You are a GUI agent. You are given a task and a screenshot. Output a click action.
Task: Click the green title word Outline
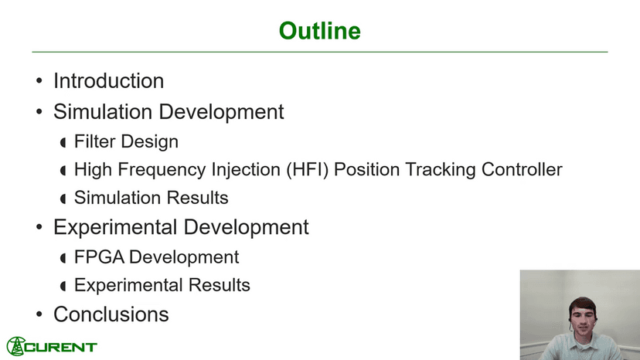click(319, 31)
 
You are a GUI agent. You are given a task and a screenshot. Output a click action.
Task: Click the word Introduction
click(108, 81)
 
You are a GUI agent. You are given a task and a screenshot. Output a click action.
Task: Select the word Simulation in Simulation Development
click(103, 112)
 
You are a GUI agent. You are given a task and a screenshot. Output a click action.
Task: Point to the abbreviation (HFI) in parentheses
click(308, 170)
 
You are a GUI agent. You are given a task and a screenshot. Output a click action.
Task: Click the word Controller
click(522, 169)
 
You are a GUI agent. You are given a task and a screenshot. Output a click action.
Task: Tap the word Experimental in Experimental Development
click(114, 227)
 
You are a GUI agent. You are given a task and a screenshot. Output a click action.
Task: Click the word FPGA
click(99, 257)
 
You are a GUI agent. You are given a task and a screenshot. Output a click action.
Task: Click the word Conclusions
click(111, 314)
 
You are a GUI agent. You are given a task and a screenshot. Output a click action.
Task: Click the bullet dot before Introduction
click(39, 80)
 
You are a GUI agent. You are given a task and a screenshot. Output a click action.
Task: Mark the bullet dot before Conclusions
click(39, 314)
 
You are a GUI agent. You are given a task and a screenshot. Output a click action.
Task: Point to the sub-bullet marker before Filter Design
click(63, 142)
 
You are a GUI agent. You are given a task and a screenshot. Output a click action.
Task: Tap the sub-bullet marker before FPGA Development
click(63, 258)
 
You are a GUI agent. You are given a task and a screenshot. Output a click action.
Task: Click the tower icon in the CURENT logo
click(16, 346)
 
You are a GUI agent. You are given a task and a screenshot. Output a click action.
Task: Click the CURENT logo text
click(61, 348)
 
